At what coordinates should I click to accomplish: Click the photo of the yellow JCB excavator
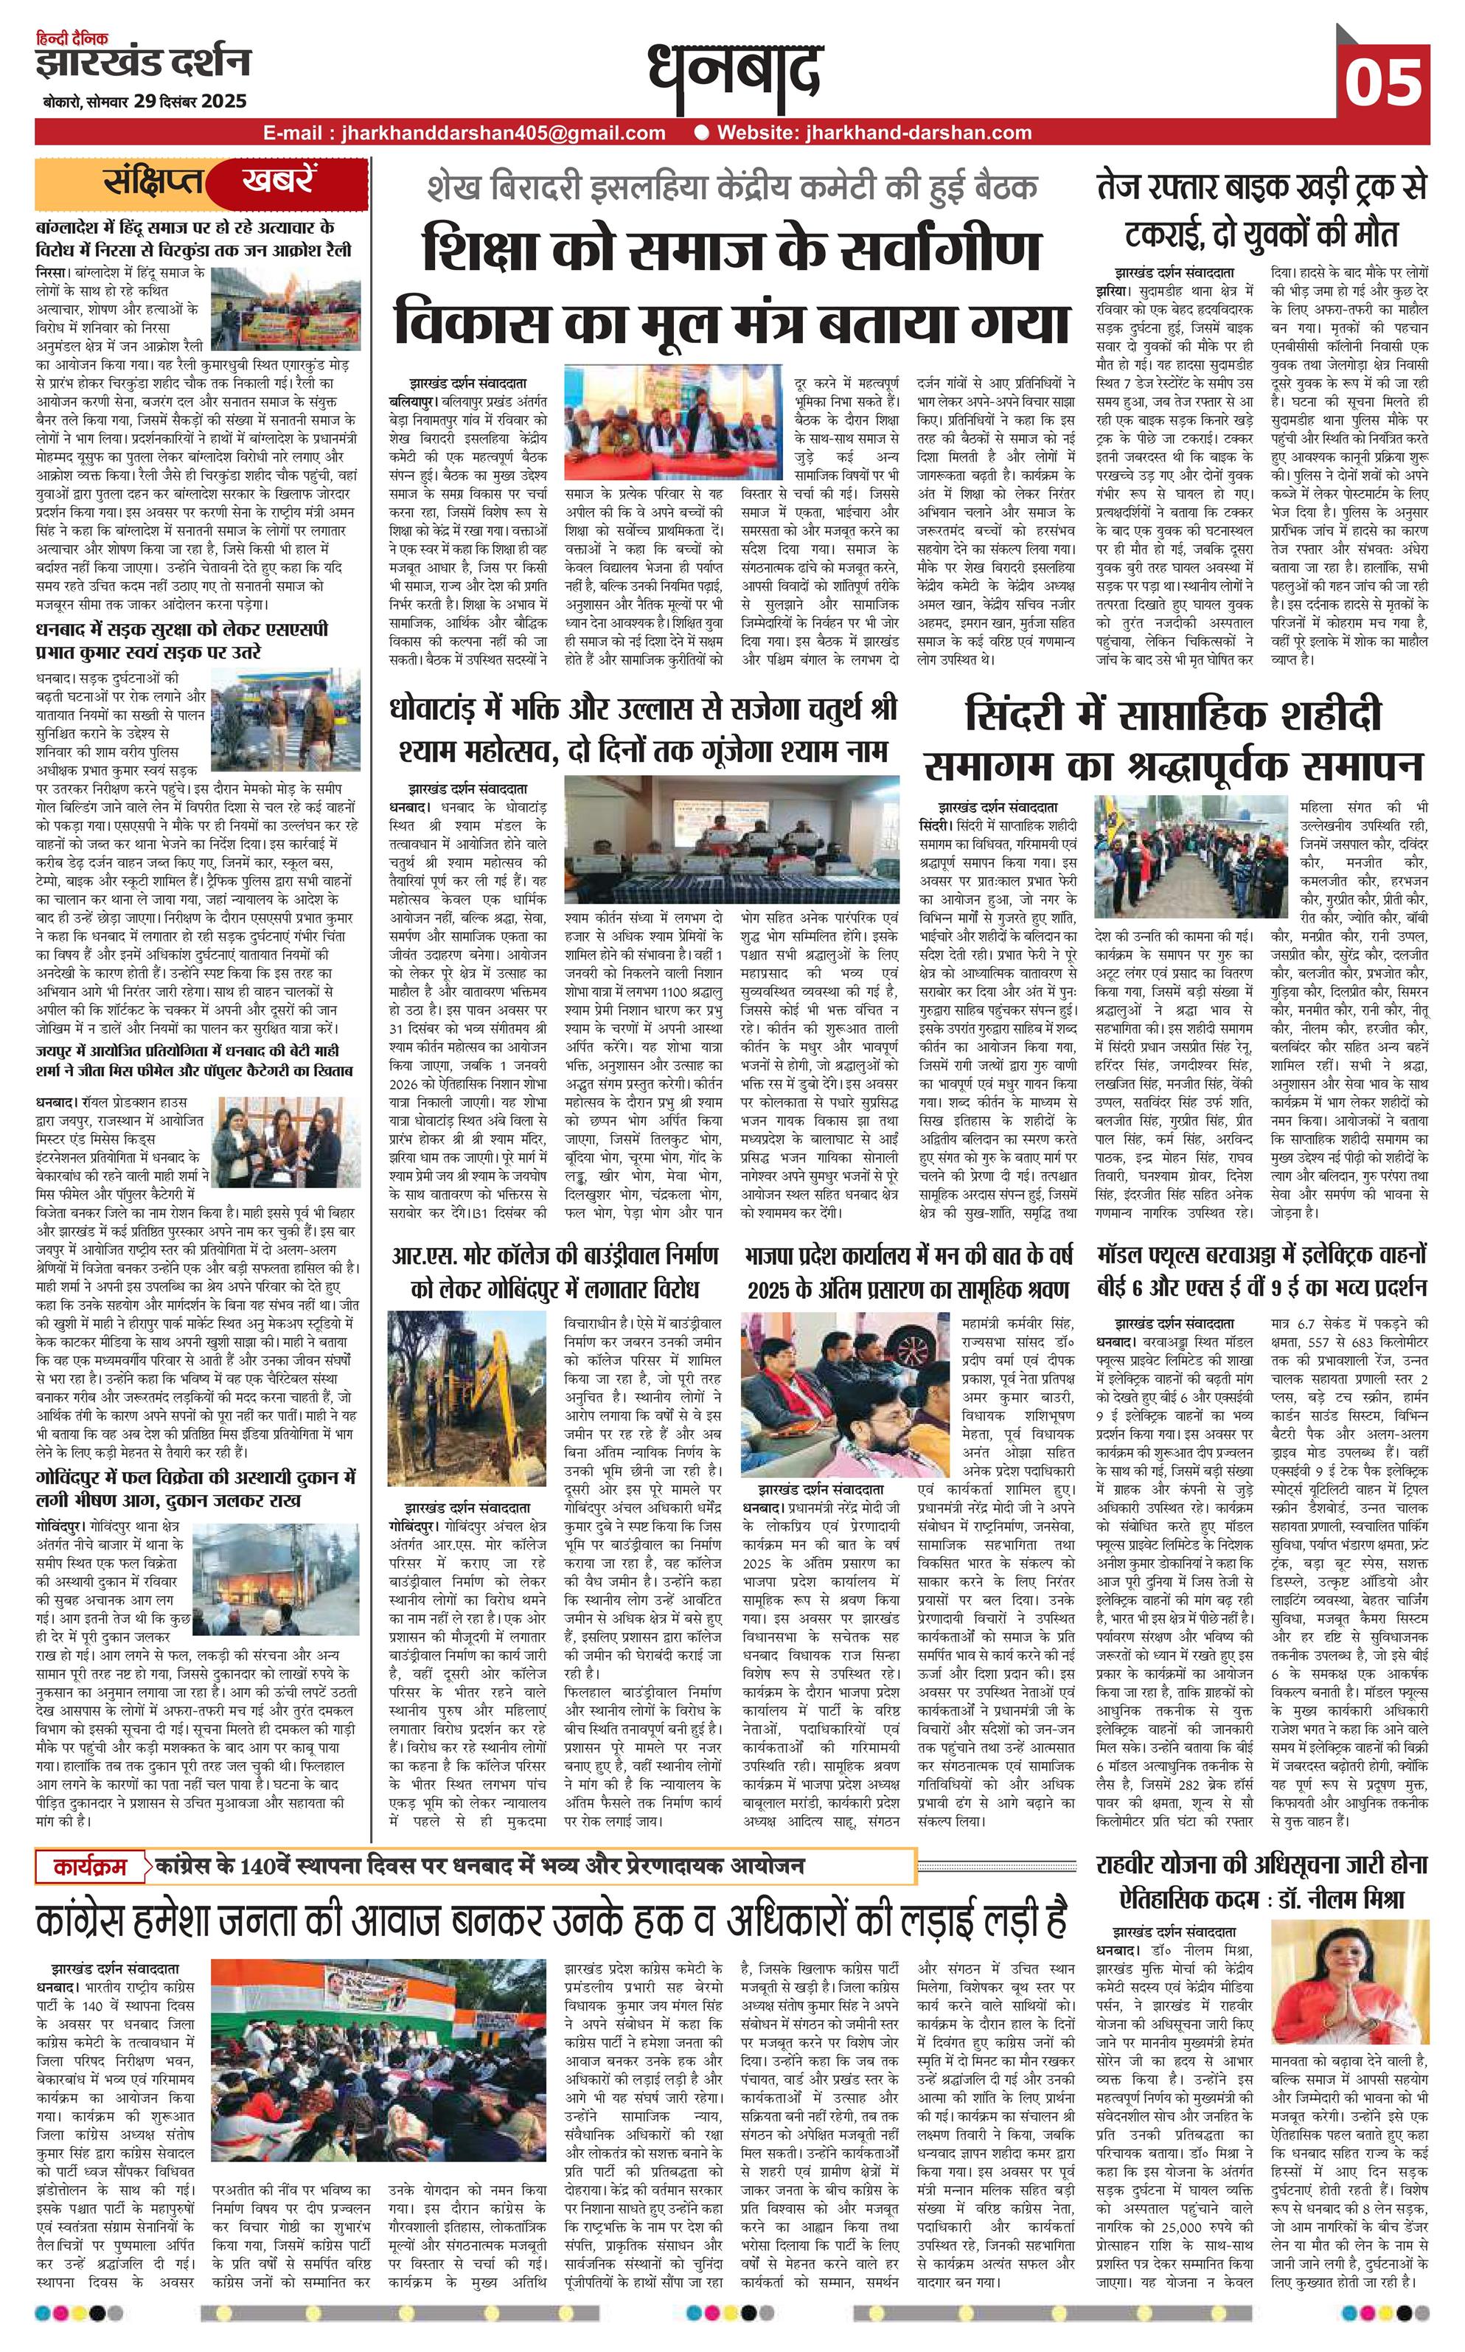pos(467,1404)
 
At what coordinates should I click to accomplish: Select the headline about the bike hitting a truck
pos(1262,212)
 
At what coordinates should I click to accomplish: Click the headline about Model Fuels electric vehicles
pos(1262,1272)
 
